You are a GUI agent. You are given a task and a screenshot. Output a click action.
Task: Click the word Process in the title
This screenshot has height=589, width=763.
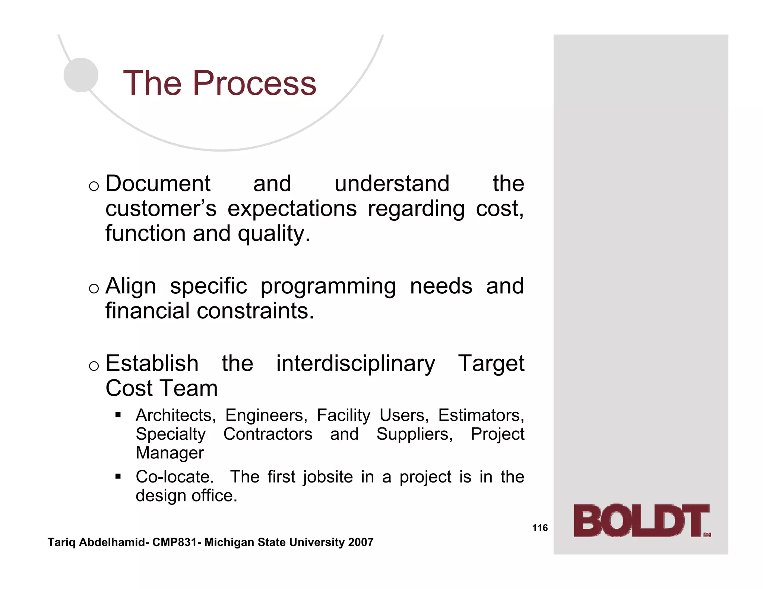(254, 83)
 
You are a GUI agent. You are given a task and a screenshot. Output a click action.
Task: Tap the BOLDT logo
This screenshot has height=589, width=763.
(642, 520)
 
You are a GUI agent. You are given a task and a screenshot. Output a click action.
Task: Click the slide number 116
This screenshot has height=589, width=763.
(540, 528)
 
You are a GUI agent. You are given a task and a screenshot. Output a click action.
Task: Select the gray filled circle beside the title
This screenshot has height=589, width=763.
(81, 75)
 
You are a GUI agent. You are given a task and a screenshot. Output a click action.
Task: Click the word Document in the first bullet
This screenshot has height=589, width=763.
(158, 184)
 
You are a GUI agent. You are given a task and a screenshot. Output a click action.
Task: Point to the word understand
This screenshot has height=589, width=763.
(392, 184)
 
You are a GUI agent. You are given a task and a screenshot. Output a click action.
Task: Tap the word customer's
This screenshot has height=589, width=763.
(161, 208)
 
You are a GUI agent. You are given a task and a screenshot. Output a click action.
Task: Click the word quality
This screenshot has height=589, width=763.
(274, 234)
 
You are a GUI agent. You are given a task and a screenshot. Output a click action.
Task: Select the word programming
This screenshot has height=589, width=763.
(328, 286)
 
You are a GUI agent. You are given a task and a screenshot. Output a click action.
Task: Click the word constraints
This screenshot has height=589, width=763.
(256, 311)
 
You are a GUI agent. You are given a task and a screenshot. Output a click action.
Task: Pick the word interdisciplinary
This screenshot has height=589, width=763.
(355, 363)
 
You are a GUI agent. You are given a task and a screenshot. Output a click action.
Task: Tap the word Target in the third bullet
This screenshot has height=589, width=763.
(491, 363)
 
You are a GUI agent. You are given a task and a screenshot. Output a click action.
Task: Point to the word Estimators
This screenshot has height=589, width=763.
(481, 415)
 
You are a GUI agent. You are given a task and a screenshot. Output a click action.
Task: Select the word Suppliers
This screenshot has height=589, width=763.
(414, 434)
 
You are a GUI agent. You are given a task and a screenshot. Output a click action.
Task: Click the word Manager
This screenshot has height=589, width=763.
(170, 453)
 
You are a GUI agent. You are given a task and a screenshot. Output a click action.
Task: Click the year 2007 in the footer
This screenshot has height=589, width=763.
(361, 542)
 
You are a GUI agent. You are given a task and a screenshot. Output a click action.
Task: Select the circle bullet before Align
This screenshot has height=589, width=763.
(94, 288)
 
